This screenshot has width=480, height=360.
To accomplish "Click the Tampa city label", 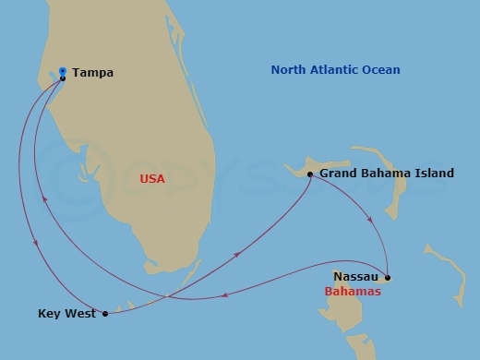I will pyautogui.click(x=92, y=73).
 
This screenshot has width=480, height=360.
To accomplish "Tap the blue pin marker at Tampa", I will pyautogui.click(x=62, y=70).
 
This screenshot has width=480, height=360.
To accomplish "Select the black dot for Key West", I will pyautogui.click(x=105, y=314).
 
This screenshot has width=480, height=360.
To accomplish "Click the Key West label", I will pyautogui.click(x=67, y=314).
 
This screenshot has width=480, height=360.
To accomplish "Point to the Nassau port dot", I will pyautogui.click(x=388, y=277).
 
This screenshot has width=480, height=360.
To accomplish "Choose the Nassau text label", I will pyautogui.click(x=355, y=276).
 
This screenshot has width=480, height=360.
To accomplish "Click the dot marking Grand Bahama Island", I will pyautogui.click(x=310, y=174).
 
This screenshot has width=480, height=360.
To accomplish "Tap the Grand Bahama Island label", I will pyautogui.click(x=387, y=174).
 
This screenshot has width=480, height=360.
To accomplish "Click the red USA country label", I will pyautogui.click(x=152, y=179).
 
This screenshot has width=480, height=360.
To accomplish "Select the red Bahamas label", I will pyautogui.click(x=353, y=292).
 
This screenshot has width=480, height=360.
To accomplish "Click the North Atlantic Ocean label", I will pyautogui.click(x=336, y=70).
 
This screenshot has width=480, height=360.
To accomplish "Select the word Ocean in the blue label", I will pyautogui.click(x=383, y=70).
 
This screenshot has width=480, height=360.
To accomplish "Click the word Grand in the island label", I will pyautogui.click(x=338, y=174).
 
